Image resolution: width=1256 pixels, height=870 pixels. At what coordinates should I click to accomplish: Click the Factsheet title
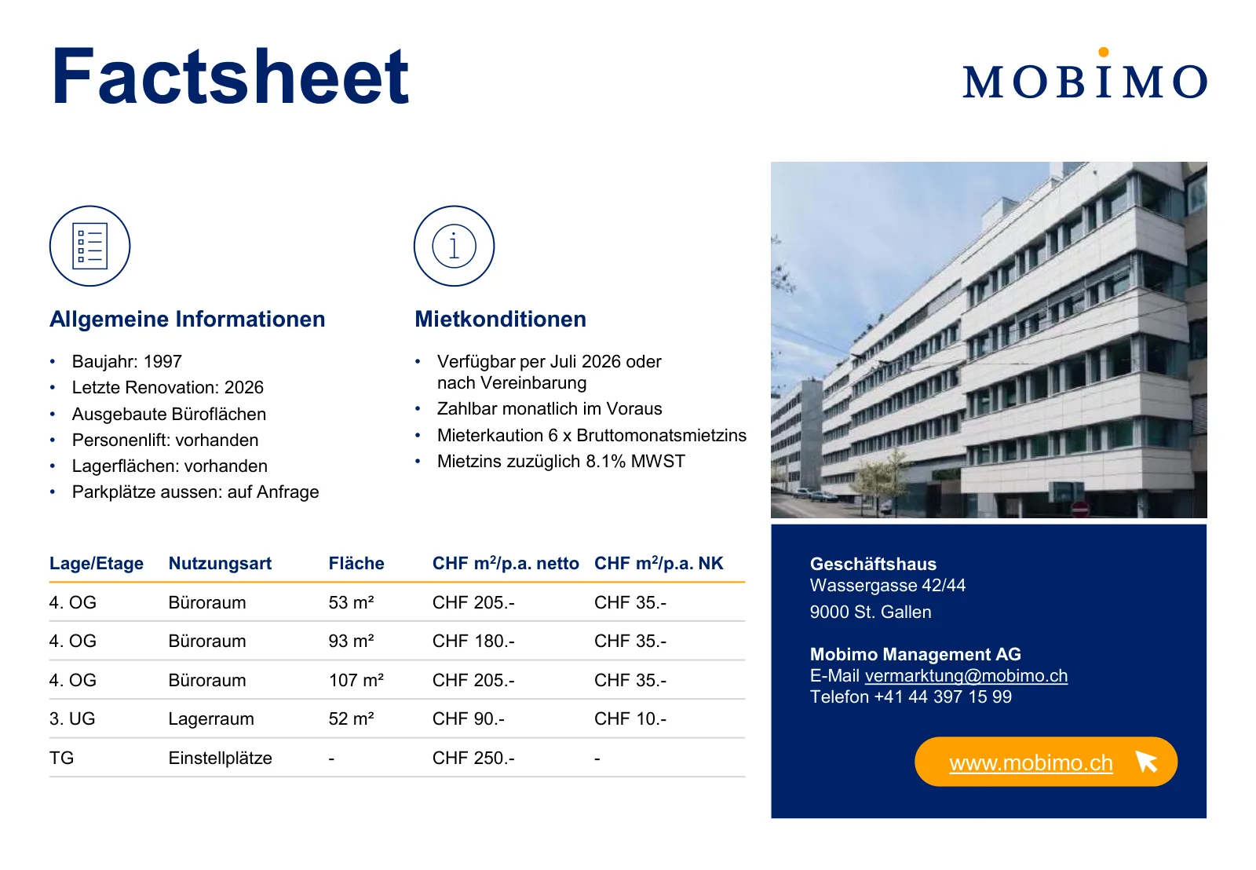(x=231, y=76)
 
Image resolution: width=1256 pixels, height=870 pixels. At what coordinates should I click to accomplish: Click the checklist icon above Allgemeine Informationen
(x=89, y=247)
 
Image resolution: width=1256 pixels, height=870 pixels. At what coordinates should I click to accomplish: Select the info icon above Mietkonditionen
(x=455, y=247)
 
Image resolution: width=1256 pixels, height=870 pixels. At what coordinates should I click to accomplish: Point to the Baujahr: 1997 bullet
(x=126, y=361)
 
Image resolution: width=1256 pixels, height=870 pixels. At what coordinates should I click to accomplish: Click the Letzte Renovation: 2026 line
(x=168, y=388)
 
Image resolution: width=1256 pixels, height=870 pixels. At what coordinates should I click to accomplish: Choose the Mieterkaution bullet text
(x=592, y=435)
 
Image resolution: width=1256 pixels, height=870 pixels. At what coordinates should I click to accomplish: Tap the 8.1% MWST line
(x=560, y=461)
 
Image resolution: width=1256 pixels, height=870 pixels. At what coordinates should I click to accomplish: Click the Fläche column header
(x=356, y=563)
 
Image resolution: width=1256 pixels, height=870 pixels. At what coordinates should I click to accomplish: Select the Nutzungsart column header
(x=220, y=563)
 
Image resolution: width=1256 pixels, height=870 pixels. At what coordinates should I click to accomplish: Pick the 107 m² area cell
(x=356, y=680)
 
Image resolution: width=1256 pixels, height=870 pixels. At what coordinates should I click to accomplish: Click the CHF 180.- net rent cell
(x=473, y=642)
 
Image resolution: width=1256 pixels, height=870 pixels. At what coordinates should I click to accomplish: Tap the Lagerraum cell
(x=211, y=718)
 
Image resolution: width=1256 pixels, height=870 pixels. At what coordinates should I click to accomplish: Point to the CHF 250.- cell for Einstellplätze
(x=473, y=758)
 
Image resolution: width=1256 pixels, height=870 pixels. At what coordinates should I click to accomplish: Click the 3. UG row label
(x=71, y=718)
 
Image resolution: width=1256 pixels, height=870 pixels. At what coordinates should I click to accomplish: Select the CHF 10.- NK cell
(x=630, y=718)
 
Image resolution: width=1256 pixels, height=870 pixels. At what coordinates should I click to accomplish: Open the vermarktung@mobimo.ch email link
(x=966, y=676)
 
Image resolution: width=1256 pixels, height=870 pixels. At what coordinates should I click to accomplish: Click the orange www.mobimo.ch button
(x=1046, y=762)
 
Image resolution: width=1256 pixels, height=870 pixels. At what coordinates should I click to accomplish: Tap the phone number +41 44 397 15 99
(x=943, y=696)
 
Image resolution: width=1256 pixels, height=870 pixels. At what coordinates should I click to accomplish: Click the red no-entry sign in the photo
(x=1080, y=510)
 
